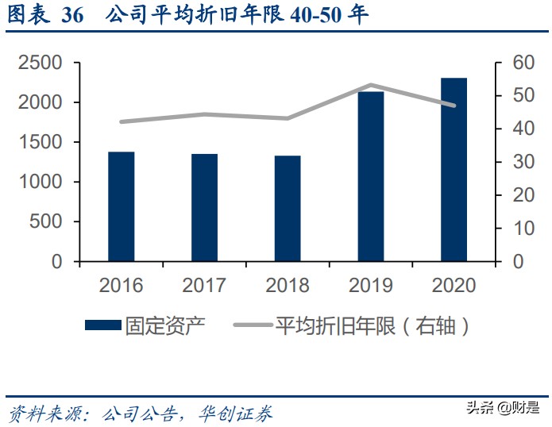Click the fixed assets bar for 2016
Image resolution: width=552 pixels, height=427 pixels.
122,206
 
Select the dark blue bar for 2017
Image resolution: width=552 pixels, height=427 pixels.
204,207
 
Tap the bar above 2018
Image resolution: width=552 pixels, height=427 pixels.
288,208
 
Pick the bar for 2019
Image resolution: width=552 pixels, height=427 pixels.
371,176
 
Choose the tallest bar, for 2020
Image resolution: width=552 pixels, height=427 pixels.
454,169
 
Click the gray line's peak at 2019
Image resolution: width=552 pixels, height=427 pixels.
371,85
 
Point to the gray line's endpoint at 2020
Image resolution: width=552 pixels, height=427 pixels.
454,106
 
